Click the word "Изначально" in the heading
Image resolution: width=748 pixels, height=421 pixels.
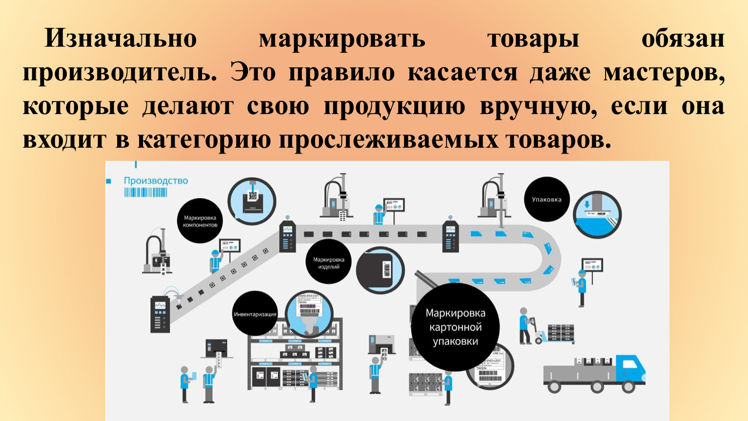[121, 38]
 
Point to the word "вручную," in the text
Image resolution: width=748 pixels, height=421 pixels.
[539, 106]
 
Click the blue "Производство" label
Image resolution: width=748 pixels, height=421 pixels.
[156, 181]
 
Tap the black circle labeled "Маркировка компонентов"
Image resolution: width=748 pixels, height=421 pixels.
[200, 221]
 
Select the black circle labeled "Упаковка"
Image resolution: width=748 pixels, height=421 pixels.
[546, 199]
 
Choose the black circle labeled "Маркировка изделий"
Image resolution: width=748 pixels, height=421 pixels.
[328, 263]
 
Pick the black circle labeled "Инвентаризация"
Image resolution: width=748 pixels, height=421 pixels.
[255, 314]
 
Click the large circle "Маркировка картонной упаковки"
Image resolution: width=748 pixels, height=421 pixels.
[455, 327]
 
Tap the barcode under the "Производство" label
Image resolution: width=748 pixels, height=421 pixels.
[145, 192]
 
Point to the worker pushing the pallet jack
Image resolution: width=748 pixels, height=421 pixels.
[525, 325]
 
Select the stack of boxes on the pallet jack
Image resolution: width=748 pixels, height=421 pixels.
[561, 333]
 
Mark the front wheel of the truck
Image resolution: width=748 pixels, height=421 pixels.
[627, 386]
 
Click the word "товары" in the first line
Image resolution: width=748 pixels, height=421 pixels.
[533, 38]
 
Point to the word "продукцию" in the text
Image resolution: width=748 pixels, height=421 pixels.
[394, 106]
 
